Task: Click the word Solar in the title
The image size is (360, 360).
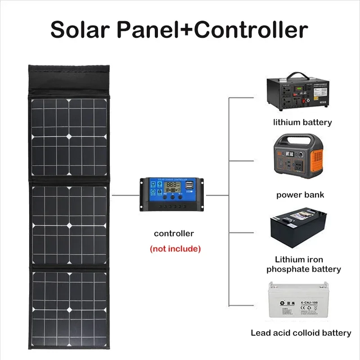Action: (79, 30)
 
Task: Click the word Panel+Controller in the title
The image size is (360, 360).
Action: (209, 30)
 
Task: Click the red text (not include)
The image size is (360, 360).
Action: (175, 248)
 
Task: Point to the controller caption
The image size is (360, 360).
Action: (174, 234)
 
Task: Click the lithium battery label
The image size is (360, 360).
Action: (302, 122)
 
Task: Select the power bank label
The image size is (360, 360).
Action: (300, 195)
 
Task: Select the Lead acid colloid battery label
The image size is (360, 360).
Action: (301, 333)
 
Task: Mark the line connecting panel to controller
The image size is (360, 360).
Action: (124, 195)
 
